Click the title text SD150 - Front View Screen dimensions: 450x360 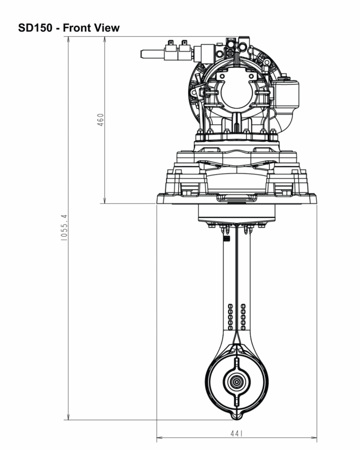point(69,28)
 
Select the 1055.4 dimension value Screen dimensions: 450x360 point(65,228)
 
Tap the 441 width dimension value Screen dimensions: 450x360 point(236,434)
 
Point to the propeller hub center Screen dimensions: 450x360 point(237,382)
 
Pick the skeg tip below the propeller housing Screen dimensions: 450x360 point(237,416)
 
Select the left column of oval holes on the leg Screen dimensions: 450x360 point(230,316)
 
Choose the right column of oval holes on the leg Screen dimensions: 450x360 point(243,316)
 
